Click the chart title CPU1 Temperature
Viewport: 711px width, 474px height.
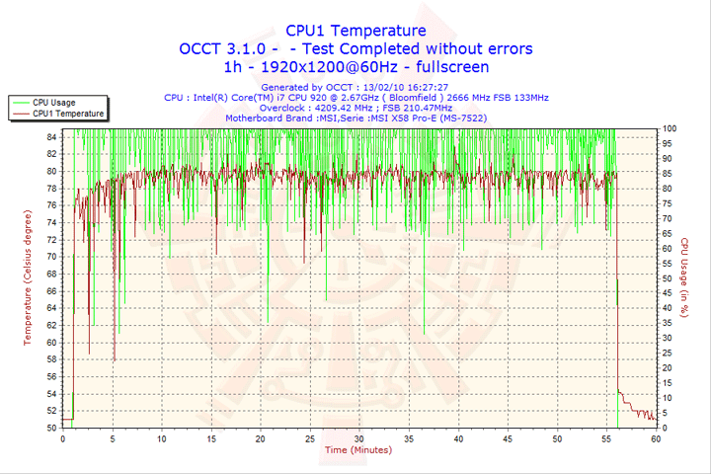(x=355, y=31)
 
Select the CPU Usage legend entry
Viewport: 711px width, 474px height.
(x=53, y=102)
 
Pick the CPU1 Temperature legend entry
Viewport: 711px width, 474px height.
(x=67, y=114)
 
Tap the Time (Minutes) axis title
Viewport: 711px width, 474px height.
(x=357, y=449)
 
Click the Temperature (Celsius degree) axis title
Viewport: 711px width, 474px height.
(x=28, y=278)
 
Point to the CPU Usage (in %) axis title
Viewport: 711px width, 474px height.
(x=683, y=278)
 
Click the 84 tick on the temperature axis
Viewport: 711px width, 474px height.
(x=52, y=136)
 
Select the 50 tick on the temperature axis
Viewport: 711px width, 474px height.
(x=52, y=428)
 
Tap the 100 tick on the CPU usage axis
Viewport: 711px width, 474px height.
(x=670, y=128)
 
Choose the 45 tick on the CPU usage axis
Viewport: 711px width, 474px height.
(x=668, y=293)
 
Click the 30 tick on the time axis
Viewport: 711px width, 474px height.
(x=358, y=437)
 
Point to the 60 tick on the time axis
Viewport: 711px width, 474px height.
(x=656, y=437)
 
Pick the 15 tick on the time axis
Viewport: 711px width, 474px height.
(x=210, y=437)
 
